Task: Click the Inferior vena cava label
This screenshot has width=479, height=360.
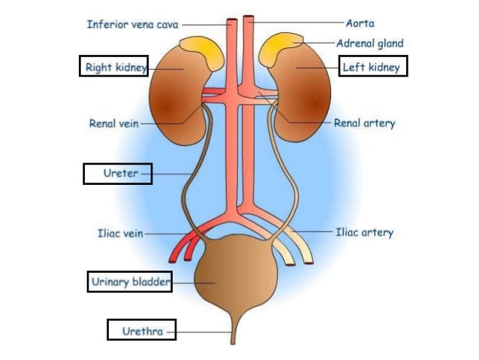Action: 132,24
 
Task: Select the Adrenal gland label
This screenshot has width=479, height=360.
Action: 370,44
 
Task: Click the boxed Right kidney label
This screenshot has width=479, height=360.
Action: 114,67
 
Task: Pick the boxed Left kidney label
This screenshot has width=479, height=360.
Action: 372,67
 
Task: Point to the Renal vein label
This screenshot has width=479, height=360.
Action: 114,123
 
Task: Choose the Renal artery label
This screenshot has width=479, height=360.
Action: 364,123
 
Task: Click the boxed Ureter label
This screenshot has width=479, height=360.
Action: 118,174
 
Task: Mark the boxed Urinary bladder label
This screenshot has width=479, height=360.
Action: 130,282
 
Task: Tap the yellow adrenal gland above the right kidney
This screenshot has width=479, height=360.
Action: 201,51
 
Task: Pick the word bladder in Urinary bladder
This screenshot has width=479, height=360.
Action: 151,282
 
